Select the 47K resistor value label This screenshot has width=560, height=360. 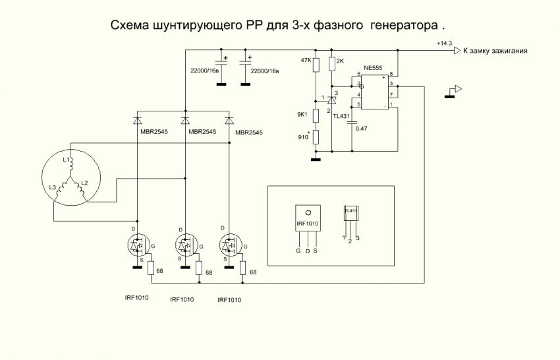[x=305, y=60]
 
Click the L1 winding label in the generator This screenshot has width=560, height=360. [x=67, y=160]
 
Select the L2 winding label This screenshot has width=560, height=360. [x=84, y=182]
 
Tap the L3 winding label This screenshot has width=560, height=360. [x=53, y=189]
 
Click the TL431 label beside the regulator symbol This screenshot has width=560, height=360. [x=343, y=116]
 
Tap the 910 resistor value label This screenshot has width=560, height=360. [x=304, y=137]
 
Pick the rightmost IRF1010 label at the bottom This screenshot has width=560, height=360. [x=230, y=299]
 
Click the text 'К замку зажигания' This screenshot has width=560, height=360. [x=495, y=51]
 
